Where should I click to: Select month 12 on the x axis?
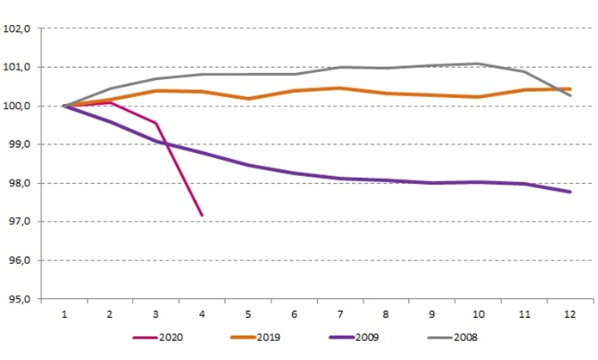pyautogui.click(x=569, y=314)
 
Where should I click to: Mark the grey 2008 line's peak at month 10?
pyautogui.click(x=478, y=64)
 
